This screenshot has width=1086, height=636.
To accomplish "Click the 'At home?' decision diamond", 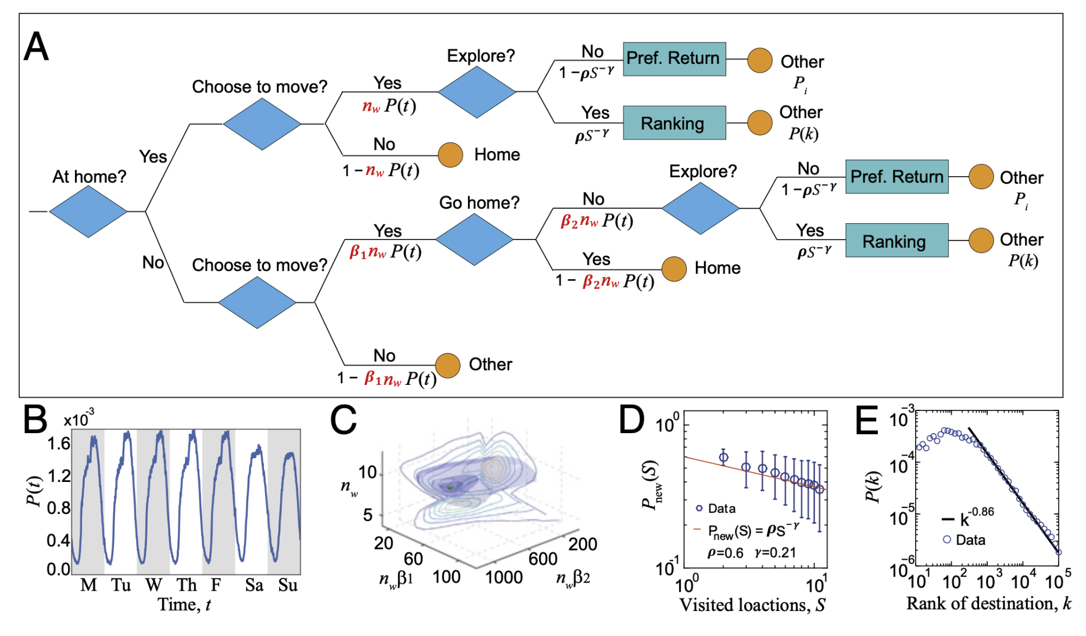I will (88, 212).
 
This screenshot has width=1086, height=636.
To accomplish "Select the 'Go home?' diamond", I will (474, 240).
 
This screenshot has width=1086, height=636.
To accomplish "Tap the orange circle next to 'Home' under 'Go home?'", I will (674, 269).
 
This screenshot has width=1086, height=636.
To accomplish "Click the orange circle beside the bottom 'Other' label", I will (448, 366).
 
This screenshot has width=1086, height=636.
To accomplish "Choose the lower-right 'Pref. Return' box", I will (896, 177).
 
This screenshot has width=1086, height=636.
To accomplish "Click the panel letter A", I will (36, 47).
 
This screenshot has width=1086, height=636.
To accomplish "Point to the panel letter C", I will (343, 420).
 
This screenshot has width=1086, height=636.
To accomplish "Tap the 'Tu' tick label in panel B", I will (121, 585).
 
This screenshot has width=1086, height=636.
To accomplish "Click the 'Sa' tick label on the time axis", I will (254, 585).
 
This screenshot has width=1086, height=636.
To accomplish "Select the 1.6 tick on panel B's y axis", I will (59, 444).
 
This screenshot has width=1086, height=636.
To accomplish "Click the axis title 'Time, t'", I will (184, 605).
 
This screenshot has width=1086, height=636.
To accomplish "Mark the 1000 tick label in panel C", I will (504, 577).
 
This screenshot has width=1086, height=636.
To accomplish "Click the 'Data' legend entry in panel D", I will (721, 509).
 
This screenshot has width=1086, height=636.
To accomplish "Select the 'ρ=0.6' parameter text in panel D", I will (725, 553).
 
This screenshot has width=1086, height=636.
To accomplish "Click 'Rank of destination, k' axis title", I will (988, 604).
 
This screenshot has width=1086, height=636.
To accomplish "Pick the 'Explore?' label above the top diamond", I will (481, 56).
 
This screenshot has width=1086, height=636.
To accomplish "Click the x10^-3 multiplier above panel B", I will (79, 419).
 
